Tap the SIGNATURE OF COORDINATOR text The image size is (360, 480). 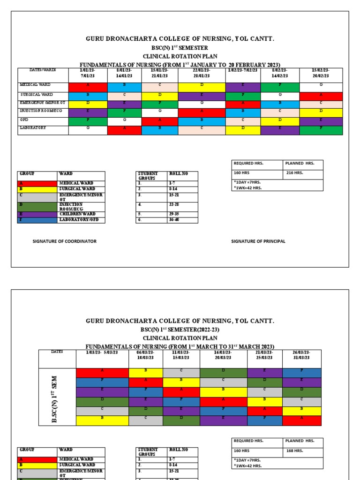click(x=64, y=241)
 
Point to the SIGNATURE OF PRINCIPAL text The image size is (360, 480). click(x=258, y=241)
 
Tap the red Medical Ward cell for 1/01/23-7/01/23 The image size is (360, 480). click(x=88, y=87)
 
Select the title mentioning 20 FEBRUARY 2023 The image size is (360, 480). click(x=180, y=64)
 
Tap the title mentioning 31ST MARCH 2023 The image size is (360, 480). click(x=180, y=346)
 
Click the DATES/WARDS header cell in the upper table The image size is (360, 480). click(x=43, y=70)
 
